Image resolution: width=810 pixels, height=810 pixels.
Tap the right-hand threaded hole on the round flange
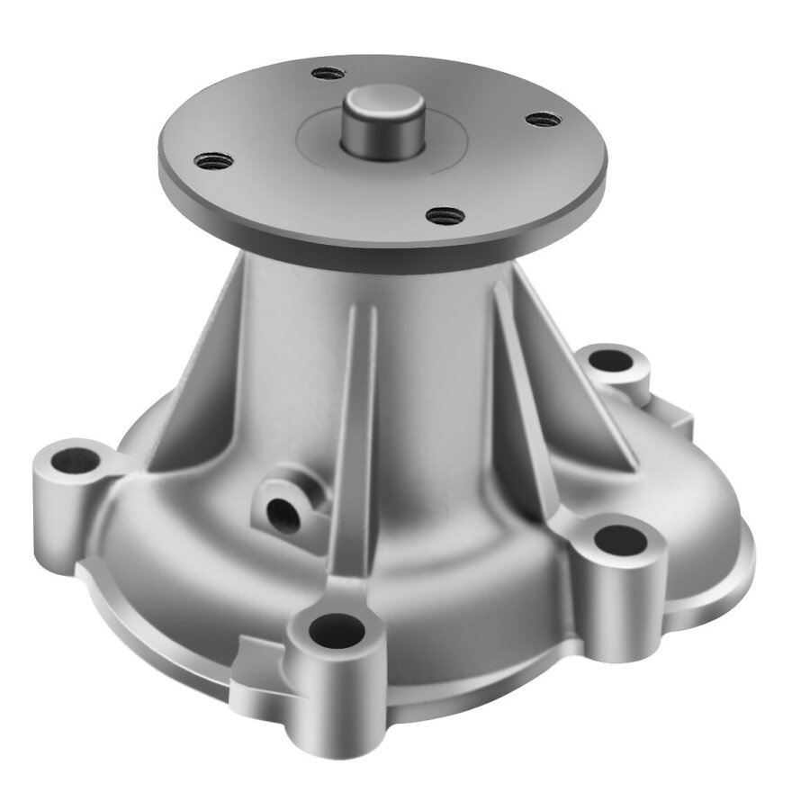click(x=542, y=119)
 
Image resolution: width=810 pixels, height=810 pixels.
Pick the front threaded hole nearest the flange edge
click(x=445, y=215)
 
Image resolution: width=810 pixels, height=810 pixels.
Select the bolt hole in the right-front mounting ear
click(x=621, y=540)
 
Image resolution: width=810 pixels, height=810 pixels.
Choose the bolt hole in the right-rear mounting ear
click(x=614, y=362)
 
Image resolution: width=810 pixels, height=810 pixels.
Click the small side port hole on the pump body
click(x=284, y=514)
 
